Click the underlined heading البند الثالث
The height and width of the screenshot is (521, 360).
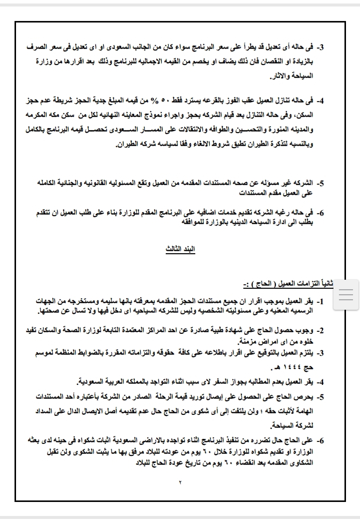pos(180,250)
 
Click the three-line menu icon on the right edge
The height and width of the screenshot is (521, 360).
pos(346,295)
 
